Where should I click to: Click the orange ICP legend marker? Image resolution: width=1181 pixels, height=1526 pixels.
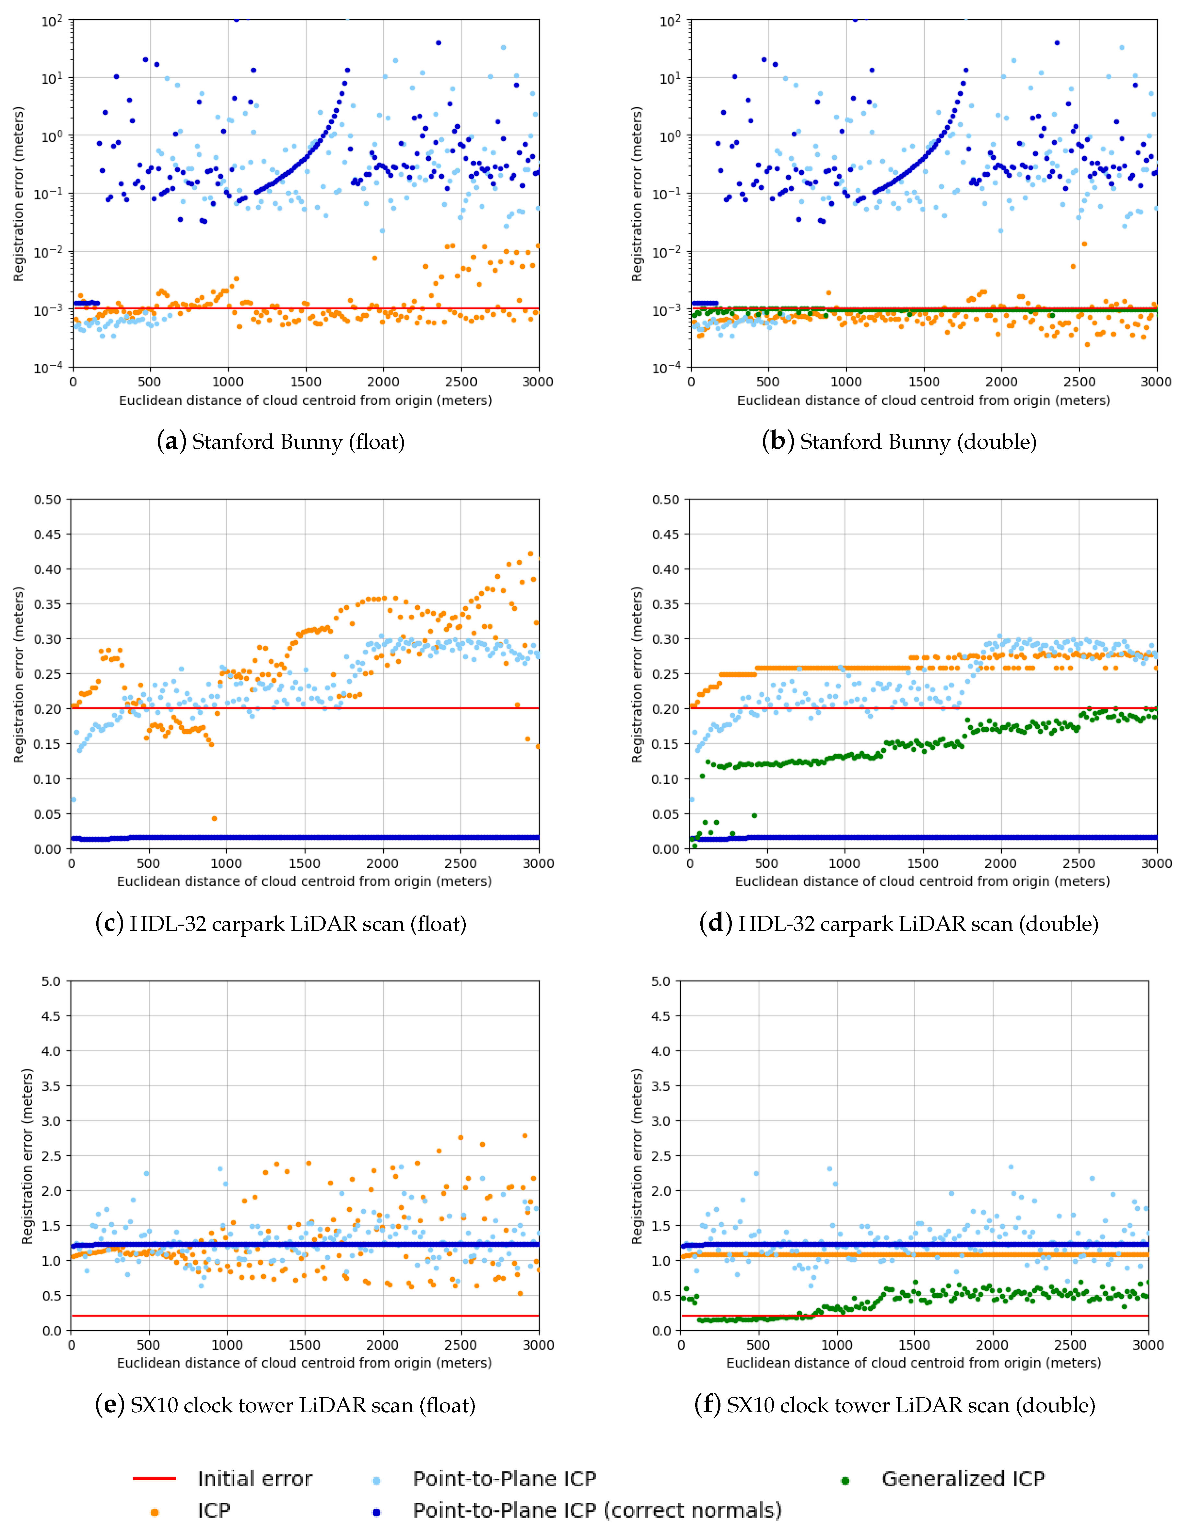[154, 1512]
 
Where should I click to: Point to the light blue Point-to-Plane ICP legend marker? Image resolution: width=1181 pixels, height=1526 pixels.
[377, 1481]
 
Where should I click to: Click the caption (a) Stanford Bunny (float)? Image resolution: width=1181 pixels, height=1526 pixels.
[281, 442]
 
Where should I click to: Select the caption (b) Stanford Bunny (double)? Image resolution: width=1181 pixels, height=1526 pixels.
[899, 442]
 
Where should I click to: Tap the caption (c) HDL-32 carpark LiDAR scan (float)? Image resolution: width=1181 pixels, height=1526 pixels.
[281, 924]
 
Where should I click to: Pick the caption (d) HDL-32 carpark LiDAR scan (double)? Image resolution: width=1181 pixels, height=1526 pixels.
[899, 924]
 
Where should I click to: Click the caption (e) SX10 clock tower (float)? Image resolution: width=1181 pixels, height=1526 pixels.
[285, 1405]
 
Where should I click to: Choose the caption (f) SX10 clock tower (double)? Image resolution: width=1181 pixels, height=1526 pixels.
[895, 1405]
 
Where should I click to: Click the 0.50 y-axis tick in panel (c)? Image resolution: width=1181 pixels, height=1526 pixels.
[48, 500]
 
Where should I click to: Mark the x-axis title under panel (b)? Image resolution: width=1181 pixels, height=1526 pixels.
[923, 400]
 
